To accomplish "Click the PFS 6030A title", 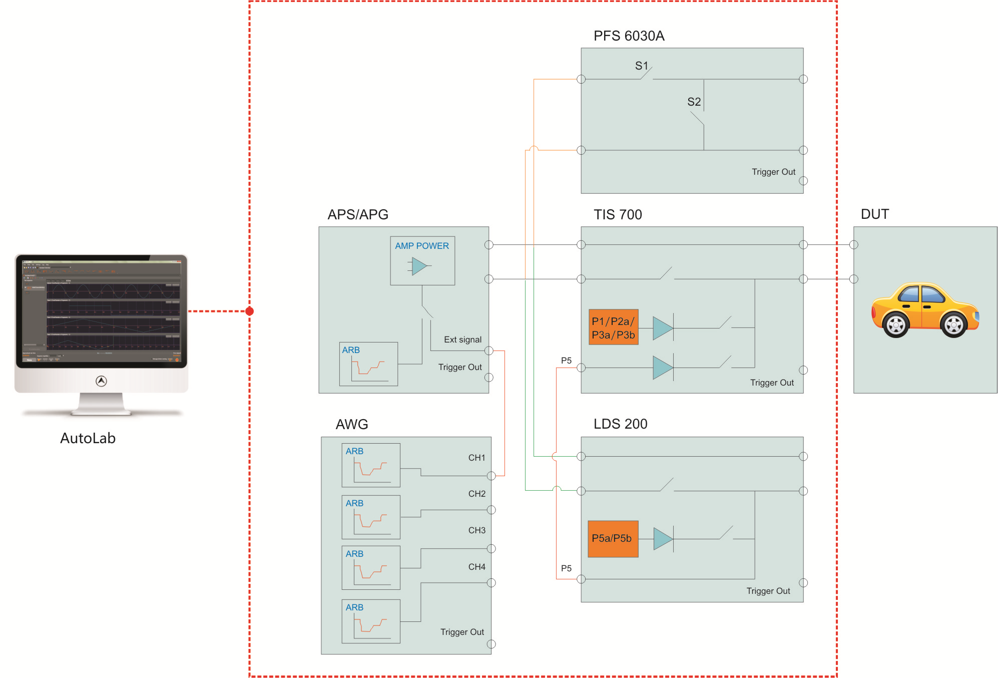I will point(629,36).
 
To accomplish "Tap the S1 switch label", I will point(641,66).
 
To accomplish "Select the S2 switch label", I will point(694,102).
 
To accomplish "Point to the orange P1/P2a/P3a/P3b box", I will point(613,327).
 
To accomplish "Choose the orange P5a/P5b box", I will point(613,538).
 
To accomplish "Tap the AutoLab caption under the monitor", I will point(88,438).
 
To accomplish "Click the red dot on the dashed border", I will point(250,311).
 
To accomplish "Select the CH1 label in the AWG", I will point(476,458).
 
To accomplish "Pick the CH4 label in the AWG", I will point(476,567).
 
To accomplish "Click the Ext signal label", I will point(462,340).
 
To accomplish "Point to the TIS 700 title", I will point(618,215).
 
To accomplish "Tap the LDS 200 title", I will point(620,424).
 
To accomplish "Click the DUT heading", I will point(874,214).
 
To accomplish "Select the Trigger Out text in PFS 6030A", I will point(773,172).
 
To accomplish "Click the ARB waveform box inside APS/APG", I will point(368,364).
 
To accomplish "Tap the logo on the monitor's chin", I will point(101,381).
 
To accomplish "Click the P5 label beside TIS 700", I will point(566,361).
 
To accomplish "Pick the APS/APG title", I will point(358,215).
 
